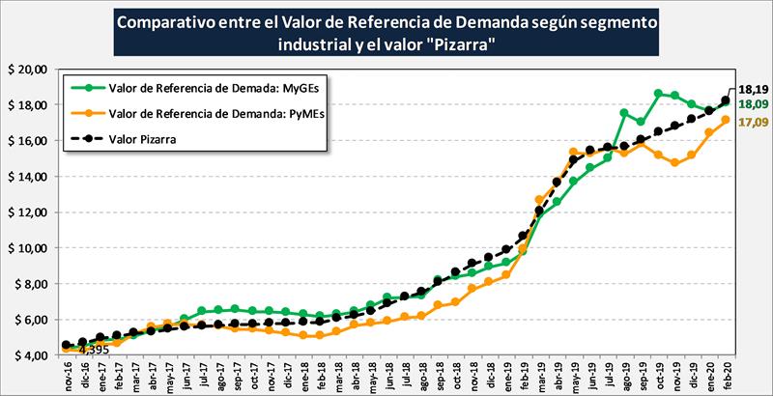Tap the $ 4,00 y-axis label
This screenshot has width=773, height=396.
pos(29,355)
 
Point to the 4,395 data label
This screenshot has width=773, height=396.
pos(93,350)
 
